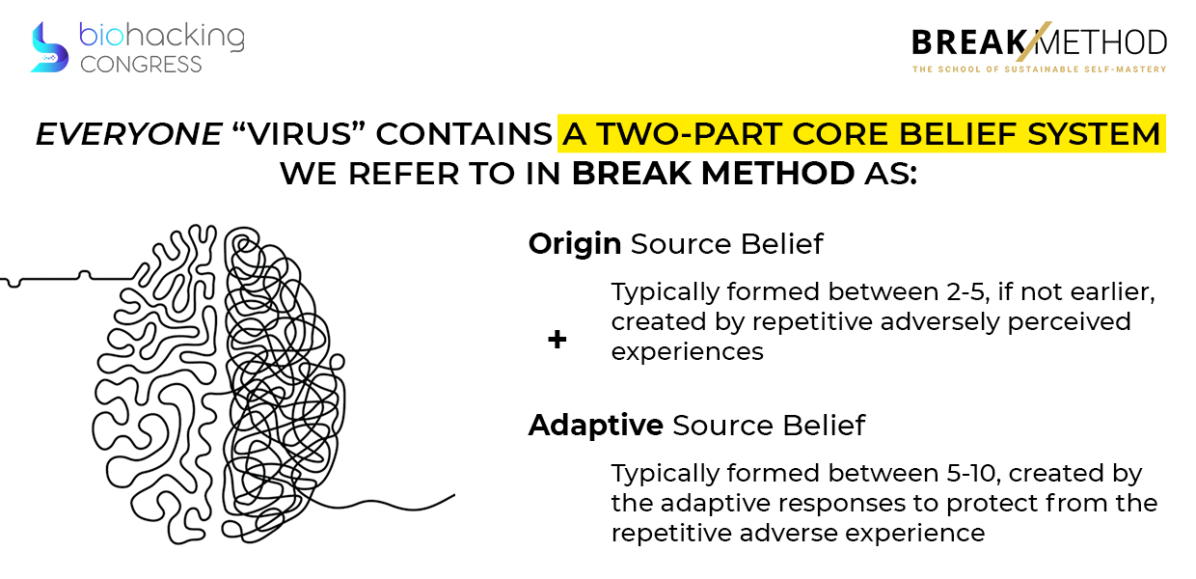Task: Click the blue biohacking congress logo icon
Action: (x=49, y=47)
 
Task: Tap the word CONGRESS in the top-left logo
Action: (x=141, y=65)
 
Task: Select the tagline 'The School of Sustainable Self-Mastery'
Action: (x=1039, y=69)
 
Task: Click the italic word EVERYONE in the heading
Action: (x=128, y=133)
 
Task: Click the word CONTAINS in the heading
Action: (x=464, y=133)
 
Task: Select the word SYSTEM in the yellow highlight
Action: (x=1094, y=133)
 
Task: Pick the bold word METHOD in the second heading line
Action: (x=778, y=174)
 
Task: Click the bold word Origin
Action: (x=575, y=245)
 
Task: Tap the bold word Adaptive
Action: (x=596, y=427)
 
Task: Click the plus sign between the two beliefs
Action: (x=557, y=339)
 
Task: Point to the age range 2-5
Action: (x=965, y=292)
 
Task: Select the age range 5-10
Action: (x=973, y=473)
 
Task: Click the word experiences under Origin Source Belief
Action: (x=687, y=352)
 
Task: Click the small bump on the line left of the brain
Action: (x=84, y=275)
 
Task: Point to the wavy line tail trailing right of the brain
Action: (x=385, y=505)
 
